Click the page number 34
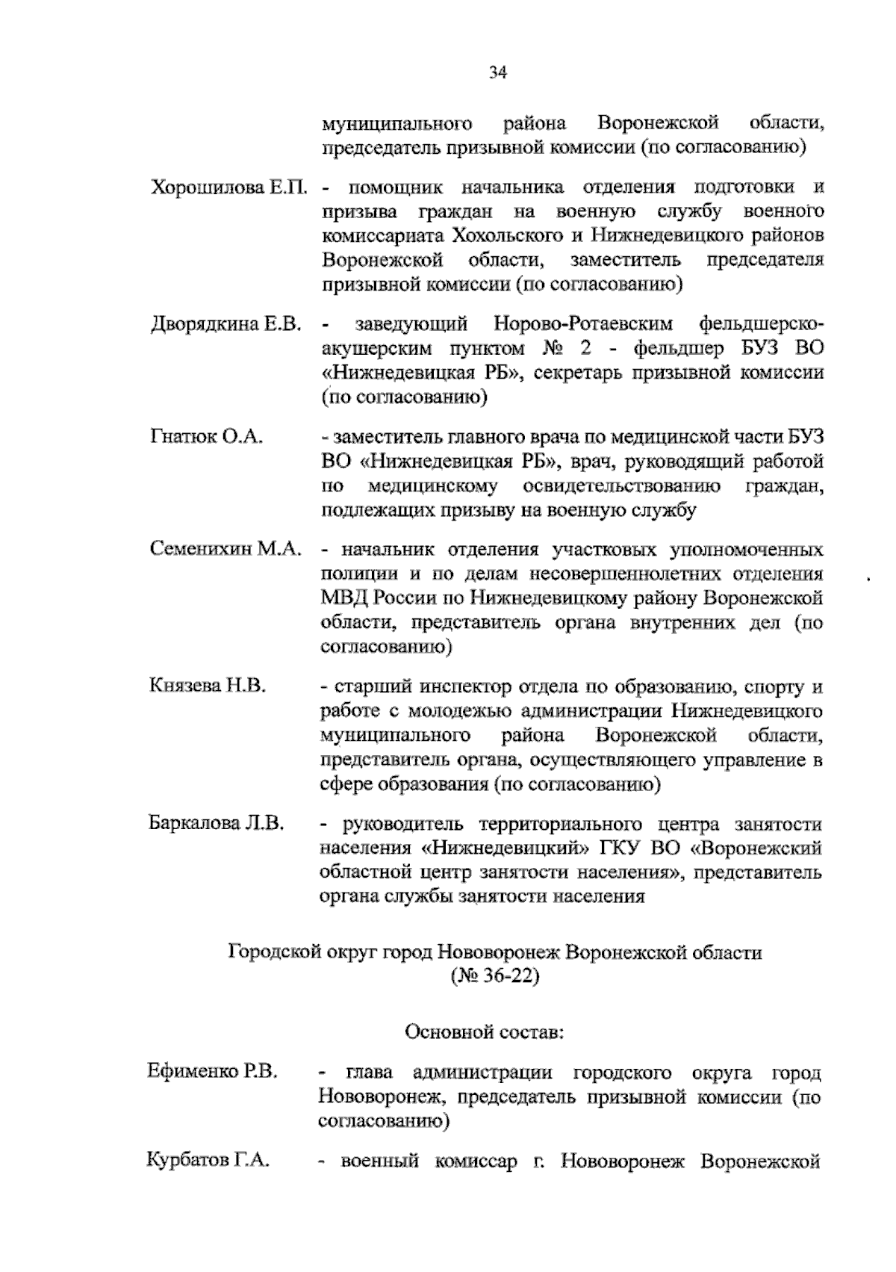click(x=498, y=72)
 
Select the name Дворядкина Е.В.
click(x=225, y=324)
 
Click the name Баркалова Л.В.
click(x=217, y=824)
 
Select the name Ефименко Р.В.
click(x=213, y=1073)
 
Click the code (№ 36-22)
click(x=495, y=977)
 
